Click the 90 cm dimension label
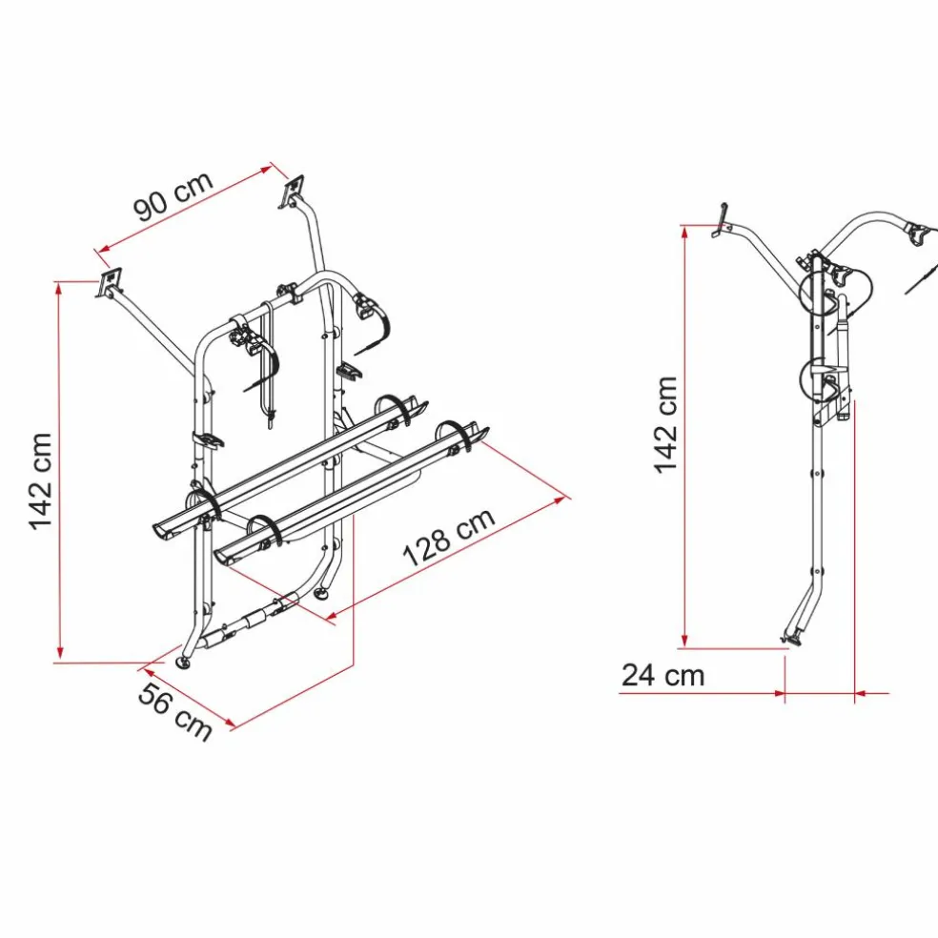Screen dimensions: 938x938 173,196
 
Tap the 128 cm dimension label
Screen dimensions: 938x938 449,538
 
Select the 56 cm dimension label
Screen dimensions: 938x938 175,711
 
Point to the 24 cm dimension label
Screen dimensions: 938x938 663,676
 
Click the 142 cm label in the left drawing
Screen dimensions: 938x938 41,481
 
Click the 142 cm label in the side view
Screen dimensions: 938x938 665,425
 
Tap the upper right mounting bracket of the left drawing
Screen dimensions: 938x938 292,191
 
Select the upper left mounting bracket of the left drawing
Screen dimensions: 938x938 109,282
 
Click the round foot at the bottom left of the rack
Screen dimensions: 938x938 182,663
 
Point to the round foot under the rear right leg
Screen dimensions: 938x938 321,593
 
